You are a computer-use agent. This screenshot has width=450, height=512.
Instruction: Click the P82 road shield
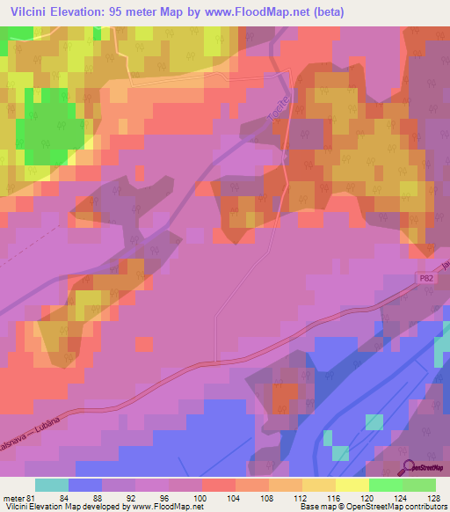pyautogui.click(x=425, y=277)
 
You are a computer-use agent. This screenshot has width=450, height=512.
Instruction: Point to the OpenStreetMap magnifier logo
pyautogui.click(x=409, y=468)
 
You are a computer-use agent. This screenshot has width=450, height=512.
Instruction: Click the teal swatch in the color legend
pyautogui.click(x=52, y=485)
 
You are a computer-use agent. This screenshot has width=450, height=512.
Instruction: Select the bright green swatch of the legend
pyautogui.click(x=386, y=485)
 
